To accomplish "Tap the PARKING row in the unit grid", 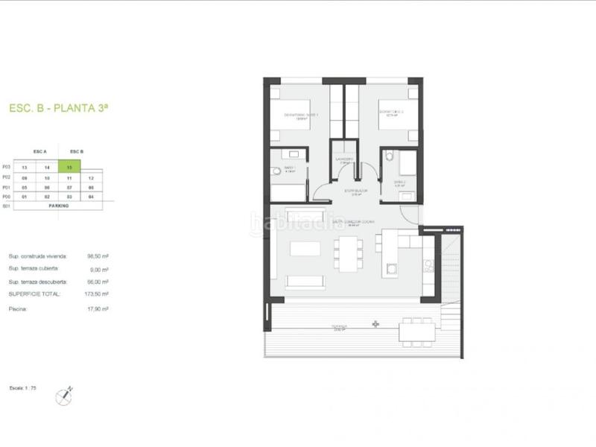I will [x=59, y=206].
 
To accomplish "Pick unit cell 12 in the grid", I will [x=91, y=178].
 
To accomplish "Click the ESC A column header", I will [x=40, y=151].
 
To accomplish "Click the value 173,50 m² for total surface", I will [x=98, y=295].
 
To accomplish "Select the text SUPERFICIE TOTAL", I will [x=33, y=295].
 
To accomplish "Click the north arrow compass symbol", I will [x=65, y=396].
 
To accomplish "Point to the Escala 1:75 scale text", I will [x=23, y=388].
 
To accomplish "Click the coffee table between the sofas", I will [x=305, y=248].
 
